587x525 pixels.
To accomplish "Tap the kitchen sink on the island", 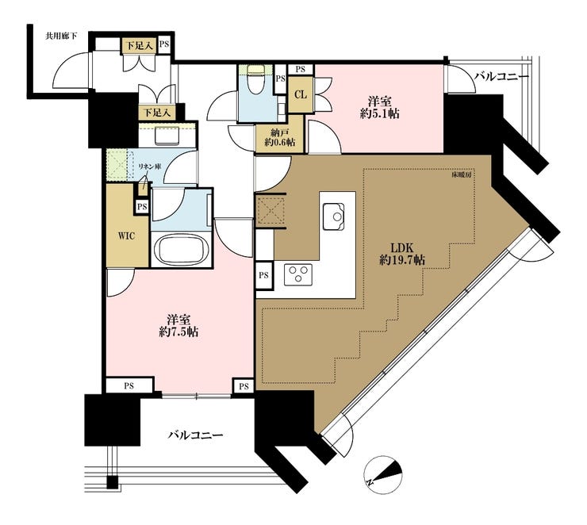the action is coord(333,217).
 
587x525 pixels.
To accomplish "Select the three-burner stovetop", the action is coord(298,274).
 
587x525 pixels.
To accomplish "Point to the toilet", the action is coord(256,79).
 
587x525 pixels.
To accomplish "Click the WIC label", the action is coord(126,236).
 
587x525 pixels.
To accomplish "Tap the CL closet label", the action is coord(300,94).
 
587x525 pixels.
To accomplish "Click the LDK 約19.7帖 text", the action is coord(402,253).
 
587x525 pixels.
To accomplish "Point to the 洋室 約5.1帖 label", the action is coord(380,107).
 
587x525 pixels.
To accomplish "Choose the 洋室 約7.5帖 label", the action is coord(178,326).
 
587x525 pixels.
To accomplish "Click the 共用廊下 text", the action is coord(61,36).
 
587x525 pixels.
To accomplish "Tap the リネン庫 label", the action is coord(149,167).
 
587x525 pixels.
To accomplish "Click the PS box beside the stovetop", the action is coord(263,275).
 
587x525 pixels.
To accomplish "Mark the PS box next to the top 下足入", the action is coord(164,44).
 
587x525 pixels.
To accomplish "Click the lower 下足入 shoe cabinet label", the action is coord(158,113).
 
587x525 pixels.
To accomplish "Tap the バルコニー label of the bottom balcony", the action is coord(195,435).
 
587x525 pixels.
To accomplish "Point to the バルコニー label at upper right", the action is coord(502,77).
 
